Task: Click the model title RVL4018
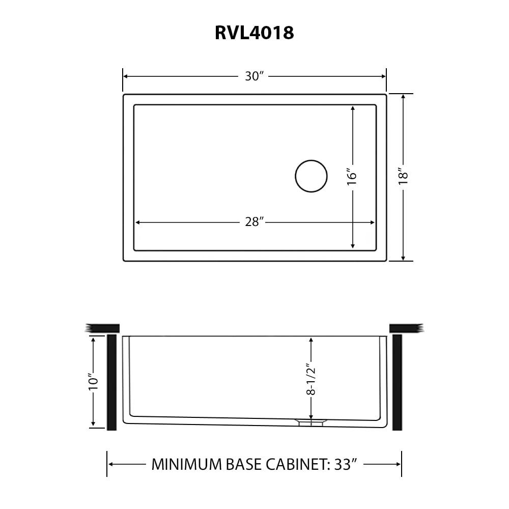pyautogui.click(x=254, y=33)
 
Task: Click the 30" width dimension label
pyautogui.click(x=254, y=76)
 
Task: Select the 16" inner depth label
pyautogui.click(x=352, y=177)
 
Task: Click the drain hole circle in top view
pyautogui.click(x=311, y=176)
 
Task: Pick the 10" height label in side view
pyautogui.click(x=93, y=382)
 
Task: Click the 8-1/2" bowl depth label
pyautogui.click(x=311, y=379)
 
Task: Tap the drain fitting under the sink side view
pyautogui.click(x=309, y=422)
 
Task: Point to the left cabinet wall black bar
pyautogui.click(x=112, y=382)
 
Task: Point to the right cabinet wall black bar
pyautogui.click(x=397, y=382)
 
